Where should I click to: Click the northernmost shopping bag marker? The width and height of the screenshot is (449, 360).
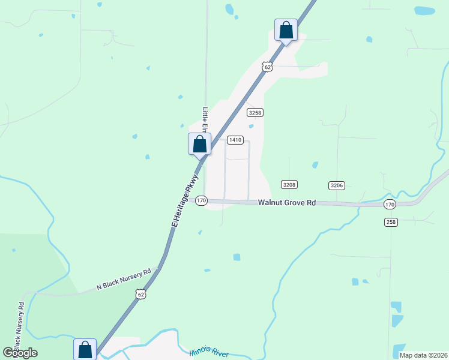pos(286,30)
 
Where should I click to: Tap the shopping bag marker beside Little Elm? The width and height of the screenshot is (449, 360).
pos(199,145)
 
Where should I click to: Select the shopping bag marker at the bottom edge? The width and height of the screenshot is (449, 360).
pos(85,349)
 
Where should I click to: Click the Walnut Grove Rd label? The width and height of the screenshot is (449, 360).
pos(287,203)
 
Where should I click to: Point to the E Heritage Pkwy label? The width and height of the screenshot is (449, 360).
pos(183,201)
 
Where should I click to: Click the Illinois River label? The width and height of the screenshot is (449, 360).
pos(209,353)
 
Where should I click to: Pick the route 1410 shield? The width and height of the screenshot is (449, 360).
pos(235,140)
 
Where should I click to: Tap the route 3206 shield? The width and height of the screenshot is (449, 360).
pos(337,185)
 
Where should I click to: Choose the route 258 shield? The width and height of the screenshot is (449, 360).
pos(391,222)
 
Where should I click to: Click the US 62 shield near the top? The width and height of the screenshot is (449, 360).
pos(268,67)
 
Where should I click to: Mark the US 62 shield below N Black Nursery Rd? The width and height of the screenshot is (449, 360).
pos(140,294)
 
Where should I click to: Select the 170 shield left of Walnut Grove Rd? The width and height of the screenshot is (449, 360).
pos(201,200)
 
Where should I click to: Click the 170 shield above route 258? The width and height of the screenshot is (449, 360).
pos(390,204)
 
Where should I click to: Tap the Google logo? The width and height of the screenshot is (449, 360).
pos(20,353)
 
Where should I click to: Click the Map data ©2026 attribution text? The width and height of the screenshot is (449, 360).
pos(422,355)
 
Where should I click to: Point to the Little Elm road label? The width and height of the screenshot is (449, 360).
pos(205,120)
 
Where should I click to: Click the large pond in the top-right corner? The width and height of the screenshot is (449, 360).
pos(424,10)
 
